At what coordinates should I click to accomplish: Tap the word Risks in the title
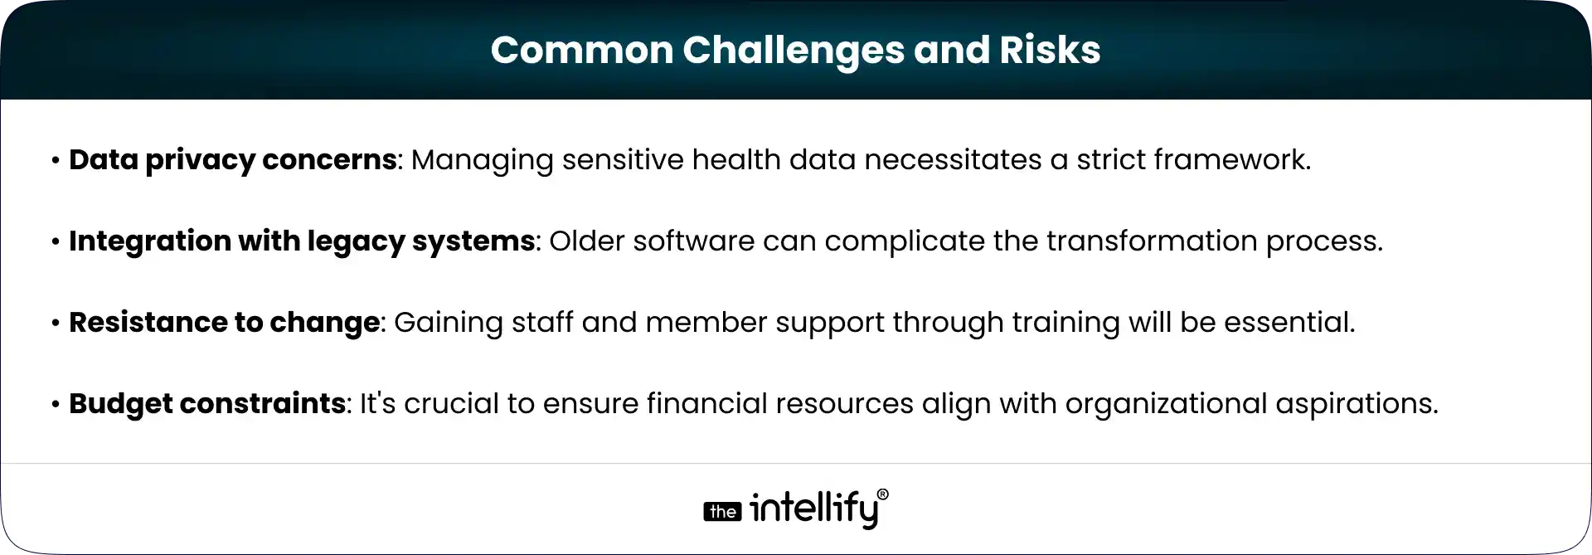coord(1049,50)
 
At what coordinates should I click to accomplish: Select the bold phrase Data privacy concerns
coord(232,160)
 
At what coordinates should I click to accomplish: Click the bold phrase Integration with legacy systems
coord(302,241)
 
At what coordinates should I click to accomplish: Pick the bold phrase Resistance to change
coord(224,323)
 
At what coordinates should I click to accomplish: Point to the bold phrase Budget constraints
coord(207,404)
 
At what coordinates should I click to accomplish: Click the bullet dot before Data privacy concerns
coord(56,161)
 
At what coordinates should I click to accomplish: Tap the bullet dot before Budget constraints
coord(56,405)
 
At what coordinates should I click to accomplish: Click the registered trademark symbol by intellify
coord(882,494)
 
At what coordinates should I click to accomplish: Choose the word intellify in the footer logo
coord(813,509)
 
